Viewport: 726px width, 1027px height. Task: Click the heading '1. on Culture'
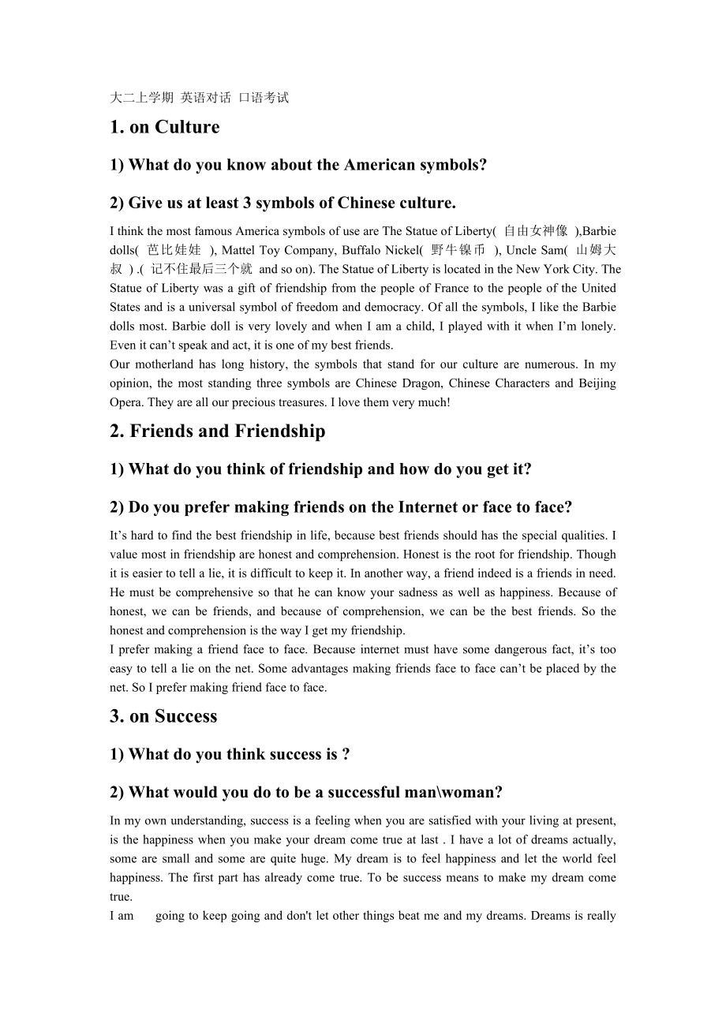[x=165, y=128]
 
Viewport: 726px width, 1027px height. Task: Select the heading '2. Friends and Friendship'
[x=217, y=431]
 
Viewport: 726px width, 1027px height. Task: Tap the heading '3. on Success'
[x=163, y=716]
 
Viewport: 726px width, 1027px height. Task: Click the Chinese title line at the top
[x=200, y=98]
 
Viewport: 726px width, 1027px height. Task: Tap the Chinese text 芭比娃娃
[x=174, y=250]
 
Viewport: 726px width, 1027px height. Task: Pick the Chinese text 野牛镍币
[x=458, y=250]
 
